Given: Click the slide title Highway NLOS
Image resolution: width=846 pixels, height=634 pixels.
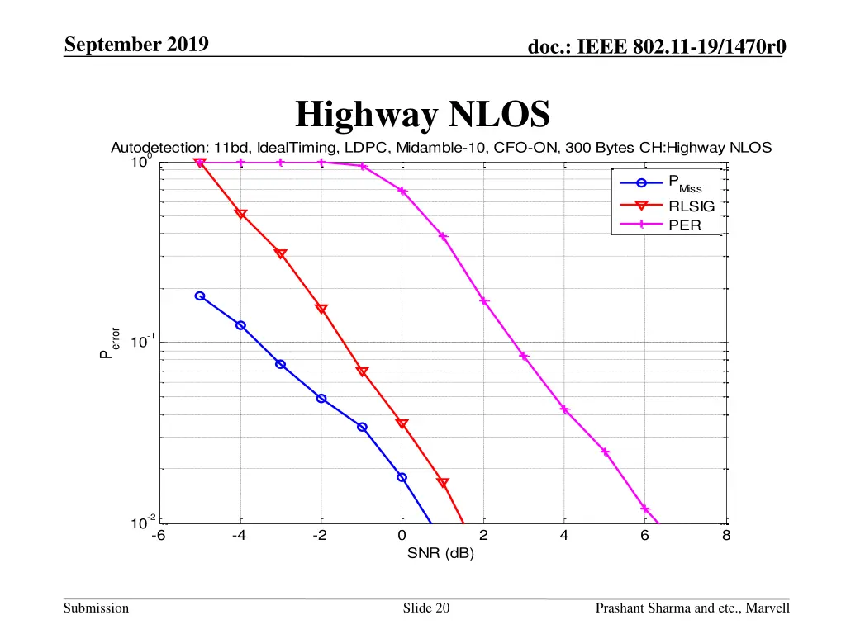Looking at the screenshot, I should coord(422,115).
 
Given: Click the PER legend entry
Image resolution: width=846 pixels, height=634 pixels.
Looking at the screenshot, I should coord(684,224).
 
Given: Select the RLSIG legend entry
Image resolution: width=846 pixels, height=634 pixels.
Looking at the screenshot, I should coord(691,206).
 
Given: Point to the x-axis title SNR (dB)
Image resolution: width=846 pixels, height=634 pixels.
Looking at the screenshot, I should coord(440,553).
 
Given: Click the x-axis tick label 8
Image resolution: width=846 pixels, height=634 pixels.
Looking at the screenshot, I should coord(726,535).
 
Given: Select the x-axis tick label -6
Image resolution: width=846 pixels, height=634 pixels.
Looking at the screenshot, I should coord(158,535).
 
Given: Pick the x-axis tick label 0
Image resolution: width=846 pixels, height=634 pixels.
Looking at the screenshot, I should coord(402,535).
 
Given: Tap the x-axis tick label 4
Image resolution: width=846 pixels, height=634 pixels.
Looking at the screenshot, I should coord(564,535).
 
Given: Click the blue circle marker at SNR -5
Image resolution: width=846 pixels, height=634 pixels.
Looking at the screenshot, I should coord(199,296).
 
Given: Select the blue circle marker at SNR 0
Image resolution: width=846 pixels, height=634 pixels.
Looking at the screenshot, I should coord(402,477).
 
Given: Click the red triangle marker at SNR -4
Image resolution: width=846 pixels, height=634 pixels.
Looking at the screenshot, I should coord(240,214).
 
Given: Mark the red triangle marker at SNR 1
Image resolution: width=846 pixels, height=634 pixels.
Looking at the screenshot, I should coord(443,482).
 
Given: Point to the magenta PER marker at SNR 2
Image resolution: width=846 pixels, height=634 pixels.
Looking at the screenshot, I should coord(484,301).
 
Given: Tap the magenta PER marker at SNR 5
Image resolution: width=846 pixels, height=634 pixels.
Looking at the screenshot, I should coord(605,452).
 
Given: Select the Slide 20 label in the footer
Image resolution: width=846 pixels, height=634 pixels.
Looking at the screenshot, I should coord(426,608).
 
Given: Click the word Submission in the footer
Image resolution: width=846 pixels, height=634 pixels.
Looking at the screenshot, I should coord(97,608).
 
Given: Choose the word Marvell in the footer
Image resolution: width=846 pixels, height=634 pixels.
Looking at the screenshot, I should coord(768,608).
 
